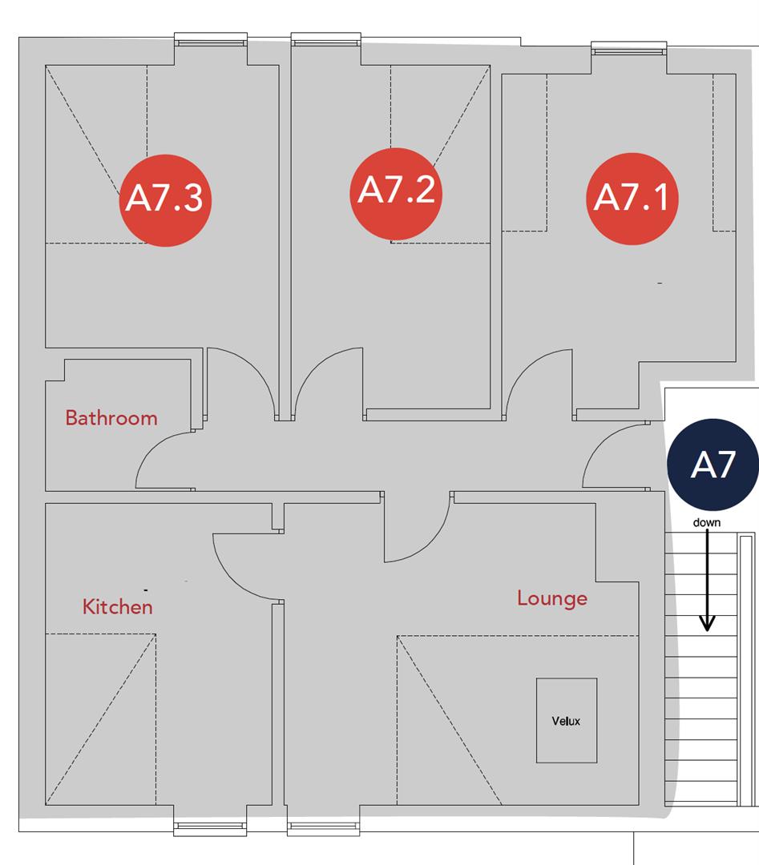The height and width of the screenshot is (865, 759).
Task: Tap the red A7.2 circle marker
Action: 396,193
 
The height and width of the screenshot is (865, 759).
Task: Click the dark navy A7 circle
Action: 713,465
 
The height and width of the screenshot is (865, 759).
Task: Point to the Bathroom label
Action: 111,418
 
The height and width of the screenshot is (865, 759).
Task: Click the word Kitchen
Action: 117,607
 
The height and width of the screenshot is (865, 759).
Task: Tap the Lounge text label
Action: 551,598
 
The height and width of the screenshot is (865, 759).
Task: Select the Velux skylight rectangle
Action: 567,720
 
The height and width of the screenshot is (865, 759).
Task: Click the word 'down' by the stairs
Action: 707,523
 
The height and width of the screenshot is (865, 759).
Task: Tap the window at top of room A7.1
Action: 628,50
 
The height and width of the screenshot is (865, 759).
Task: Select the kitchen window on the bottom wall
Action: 210,827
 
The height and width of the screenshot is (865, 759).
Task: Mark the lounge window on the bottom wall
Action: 323,827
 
